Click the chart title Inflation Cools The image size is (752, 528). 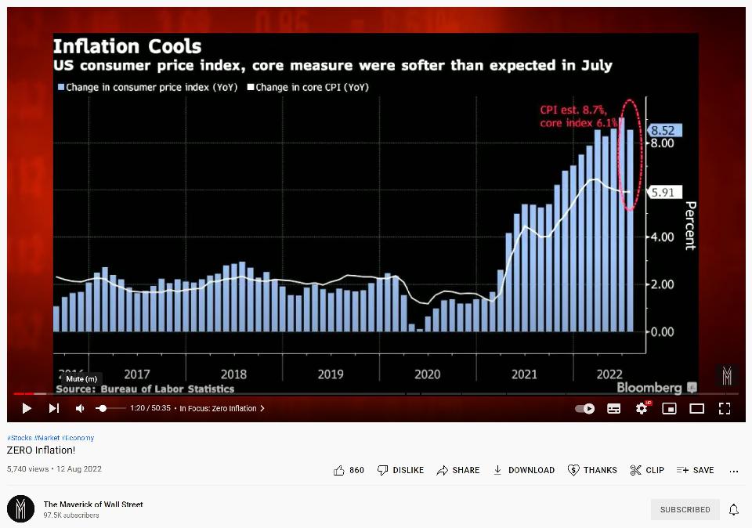127,46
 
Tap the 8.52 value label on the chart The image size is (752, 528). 662,131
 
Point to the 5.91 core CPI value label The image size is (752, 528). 662,192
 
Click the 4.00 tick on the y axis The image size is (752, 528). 661,237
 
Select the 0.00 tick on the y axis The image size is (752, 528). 661,331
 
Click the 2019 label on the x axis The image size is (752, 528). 331,374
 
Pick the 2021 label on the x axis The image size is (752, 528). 524,374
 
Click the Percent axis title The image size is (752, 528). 690,226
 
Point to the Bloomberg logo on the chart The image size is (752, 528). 649,388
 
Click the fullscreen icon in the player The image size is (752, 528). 725,408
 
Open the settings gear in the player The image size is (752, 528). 642,408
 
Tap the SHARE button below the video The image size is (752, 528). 458,470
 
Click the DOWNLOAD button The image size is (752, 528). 523,470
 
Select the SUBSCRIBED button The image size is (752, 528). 685,509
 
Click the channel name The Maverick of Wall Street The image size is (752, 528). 93,504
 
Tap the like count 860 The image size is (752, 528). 349,470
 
